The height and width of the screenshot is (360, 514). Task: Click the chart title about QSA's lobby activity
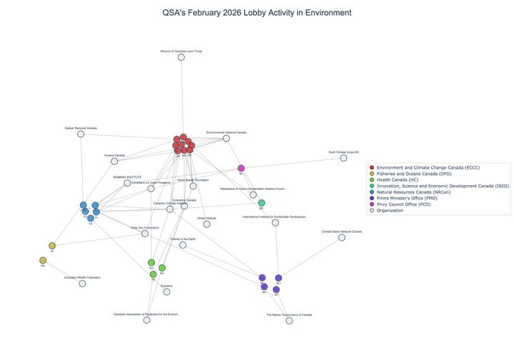(x=257, y=13)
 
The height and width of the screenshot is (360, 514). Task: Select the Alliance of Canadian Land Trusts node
(x=181, y=57)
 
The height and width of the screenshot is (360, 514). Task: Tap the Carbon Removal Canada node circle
(x=81, y=134)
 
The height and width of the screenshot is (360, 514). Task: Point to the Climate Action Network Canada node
(x=342, y=237)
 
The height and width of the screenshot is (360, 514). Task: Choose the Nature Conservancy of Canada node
(x=289, y=321)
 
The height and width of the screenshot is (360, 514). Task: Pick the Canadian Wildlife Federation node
(x=82, y=284)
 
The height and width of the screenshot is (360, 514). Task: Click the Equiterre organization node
(x=167, y=291)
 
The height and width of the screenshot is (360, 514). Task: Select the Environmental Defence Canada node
(x=226, y=138)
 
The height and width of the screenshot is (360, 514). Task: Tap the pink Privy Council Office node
(x=241, y=169)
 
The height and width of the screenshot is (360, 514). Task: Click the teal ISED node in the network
(x=261, y=203)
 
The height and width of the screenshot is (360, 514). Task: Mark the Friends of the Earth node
(x=183, y=245)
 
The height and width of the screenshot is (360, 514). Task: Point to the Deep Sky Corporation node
(x=145, y=234)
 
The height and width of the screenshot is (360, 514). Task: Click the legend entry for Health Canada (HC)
(x=404, y=179)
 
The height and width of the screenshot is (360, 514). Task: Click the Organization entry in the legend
(x=394, y=210)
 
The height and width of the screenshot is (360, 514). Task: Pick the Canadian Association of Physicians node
(x=146, y=320)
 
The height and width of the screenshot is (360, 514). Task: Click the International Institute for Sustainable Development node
(x=276, y=223)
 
